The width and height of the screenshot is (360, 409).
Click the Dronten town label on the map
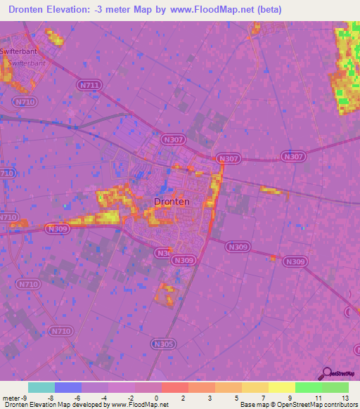[x=171, y=202]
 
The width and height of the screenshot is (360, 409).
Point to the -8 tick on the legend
[x=50, y=397]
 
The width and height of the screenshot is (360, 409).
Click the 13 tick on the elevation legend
[x=345, y=397]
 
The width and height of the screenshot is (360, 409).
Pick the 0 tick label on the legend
[x=157, y=397]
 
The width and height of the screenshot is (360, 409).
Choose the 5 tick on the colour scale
[x=238, y=397]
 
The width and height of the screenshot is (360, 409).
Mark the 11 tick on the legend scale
[x=318, y=397]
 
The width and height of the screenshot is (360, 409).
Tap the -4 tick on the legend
[x=103, y=397]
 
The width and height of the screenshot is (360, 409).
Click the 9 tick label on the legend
[x=291, y=397]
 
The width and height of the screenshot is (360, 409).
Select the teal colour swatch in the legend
[x=41, y=387]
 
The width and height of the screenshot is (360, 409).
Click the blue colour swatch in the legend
[x=68, y=387]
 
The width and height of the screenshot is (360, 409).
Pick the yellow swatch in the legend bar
[x=282, y=387]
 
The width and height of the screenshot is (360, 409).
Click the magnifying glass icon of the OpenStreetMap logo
[x=326, y=374]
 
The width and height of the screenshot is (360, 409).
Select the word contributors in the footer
[x=337, y=405]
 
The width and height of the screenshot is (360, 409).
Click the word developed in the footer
[x=89, y=405]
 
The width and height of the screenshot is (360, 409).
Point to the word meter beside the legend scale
[x=11, y=397]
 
